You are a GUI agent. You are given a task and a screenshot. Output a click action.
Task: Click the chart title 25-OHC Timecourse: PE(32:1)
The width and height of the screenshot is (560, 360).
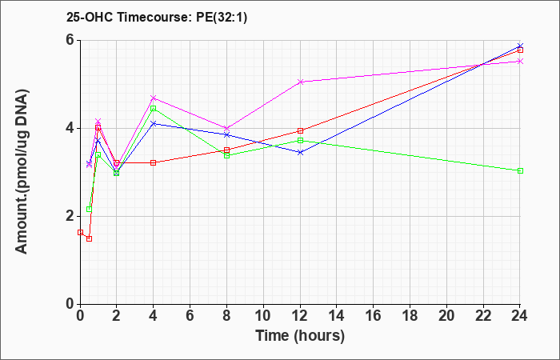click(x=157, y=17)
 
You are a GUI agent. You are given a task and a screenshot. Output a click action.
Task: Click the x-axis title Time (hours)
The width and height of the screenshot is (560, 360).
click(x=300, y=336)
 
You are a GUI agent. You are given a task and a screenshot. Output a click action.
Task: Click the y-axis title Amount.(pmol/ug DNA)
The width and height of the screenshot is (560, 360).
click(x=22, y=172)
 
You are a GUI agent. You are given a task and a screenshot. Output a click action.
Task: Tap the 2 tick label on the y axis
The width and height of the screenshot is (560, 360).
click(x=71, y=217)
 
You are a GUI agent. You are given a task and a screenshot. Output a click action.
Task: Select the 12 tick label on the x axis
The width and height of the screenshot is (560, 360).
click(x=300, y=315)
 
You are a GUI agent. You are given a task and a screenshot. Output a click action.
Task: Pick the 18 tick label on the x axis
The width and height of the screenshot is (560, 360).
click(x=410, y=315)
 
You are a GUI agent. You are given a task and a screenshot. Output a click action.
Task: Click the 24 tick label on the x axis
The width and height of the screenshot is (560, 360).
click(x=520, y=315)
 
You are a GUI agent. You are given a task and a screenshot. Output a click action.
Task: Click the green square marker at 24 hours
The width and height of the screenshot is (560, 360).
click(x=520, y=170)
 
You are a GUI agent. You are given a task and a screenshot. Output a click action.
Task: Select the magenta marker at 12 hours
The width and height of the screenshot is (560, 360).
click(x=300, y=82)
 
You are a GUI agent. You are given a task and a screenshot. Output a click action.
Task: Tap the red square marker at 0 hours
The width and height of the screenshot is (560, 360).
click(x=80, y=232)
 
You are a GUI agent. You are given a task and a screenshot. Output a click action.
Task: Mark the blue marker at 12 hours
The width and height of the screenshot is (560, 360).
click(x=300, y=153)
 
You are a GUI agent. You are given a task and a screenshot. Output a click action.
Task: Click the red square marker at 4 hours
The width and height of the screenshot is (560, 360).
click(x=154, y=162)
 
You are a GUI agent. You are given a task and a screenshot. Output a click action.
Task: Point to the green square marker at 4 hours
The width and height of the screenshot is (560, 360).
click(x=154, y=108)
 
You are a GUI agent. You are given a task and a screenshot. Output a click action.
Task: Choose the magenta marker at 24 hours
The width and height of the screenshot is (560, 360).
click(x=520, y=61)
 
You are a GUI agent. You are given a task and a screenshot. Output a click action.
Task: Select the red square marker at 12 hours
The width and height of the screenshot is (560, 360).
click(x=300, y=130)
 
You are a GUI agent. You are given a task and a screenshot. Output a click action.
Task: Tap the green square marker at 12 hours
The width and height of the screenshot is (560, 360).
click(x=300, y=140)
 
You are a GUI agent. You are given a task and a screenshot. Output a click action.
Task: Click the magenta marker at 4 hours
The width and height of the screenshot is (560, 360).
click(x=154, y=98)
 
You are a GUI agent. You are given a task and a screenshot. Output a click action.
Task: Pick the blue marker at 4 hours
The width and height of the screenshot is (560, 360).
click(x=154, y=123)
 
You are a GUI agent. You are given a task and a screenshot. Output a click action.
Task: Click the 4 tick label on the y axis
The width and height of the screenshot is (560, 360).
click(x=71, y=128)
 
